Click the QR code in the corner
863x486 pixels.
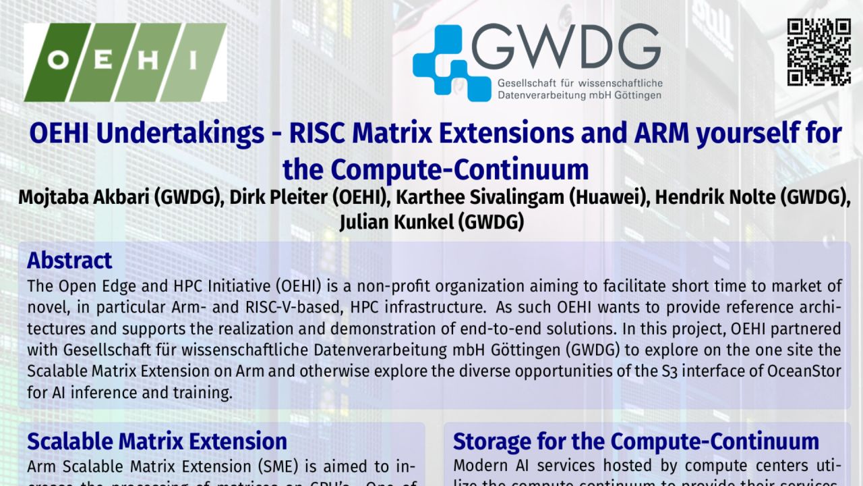819,52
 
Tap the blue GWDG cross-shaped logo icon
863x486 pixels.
451,63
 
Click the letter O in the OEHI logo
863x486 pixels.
59,61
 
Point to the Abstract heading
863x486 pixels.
69,261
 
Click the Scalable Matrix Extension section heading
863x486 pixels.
157,441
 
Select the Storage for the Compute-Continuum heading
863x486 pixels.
636,441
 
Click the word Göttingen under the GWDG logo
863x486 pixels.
636,96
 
